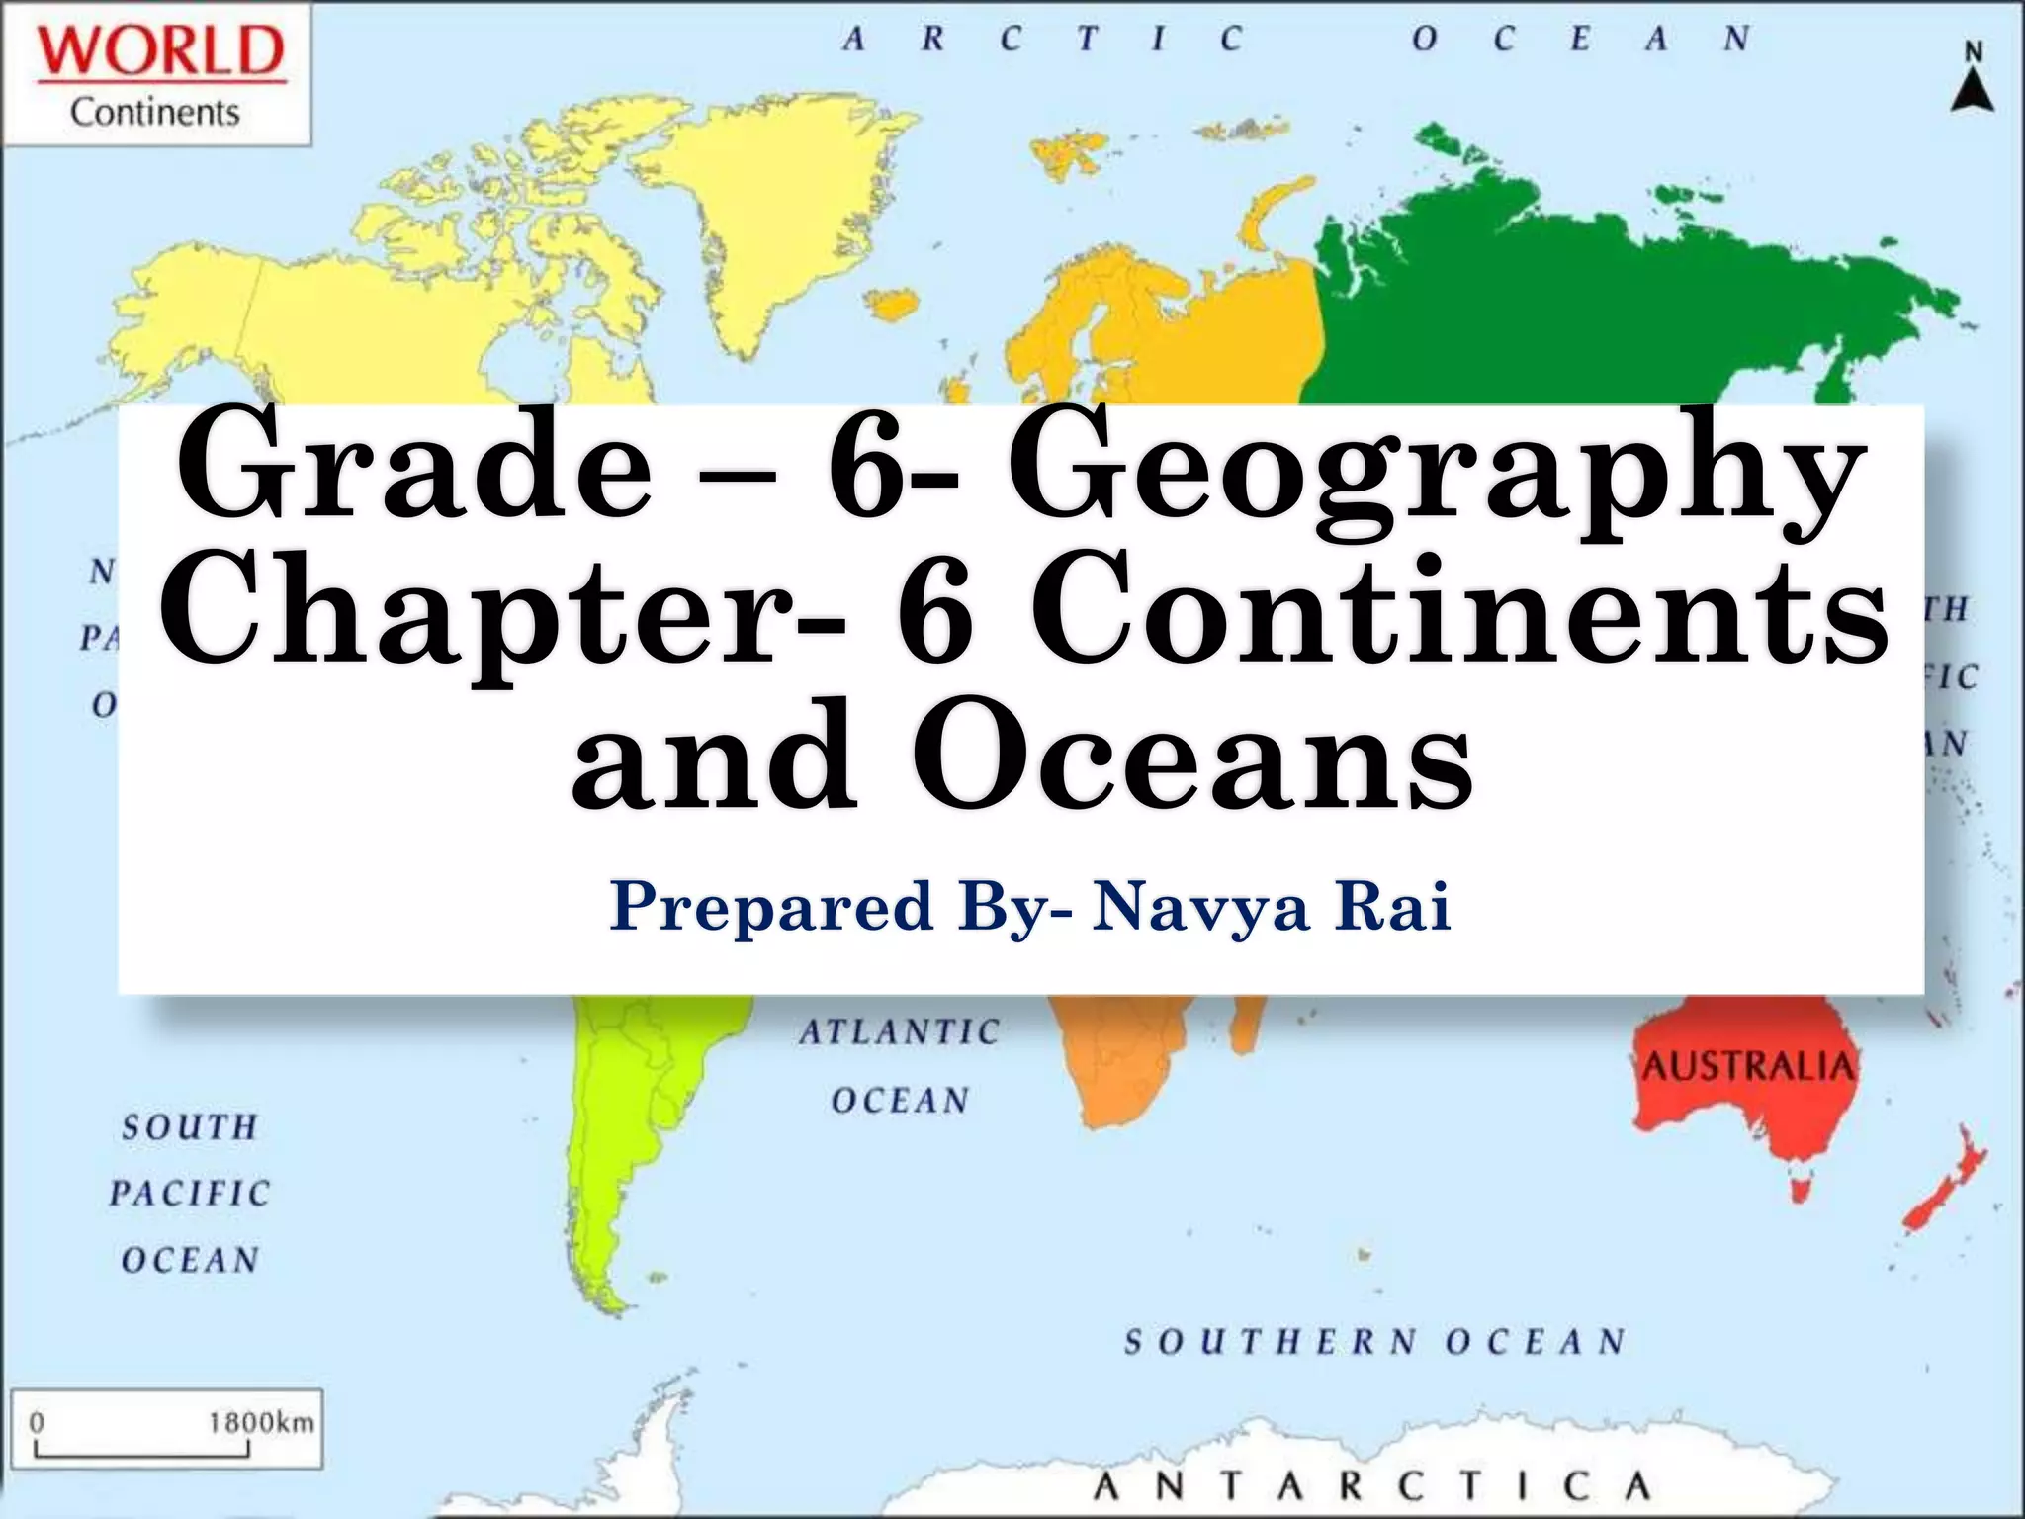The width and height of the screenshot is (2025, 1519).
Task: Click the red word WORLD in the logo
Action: pos(161,51)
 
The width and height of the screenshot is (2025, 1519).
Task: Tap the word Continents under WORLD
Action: pos(155,113)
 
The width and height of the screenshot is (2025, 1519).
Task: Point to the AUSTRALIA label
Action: pos(1749,1066)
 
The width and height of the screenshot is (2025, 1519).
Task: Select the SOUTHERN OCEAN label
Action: pos(1374,1342)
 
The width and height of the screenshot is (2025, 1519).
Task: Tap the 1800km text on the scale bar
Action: pos(260,1422)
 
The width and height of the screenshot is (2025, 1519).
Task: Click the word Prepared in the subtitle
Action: pos(771,907)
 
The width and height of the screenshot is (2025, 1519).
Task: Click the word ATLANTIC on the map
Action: pos(900,1032)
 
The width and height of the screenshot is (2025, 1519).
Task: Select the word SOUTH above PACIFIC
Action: pos(190,1127)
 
